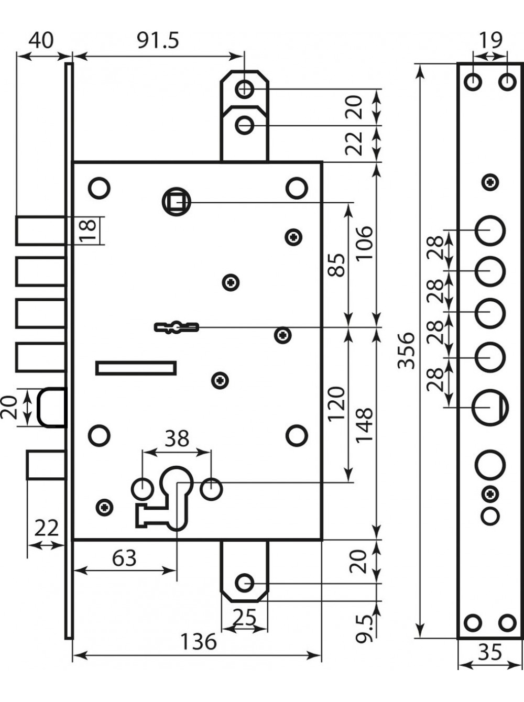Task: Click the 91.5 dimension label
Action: tap(158, 41)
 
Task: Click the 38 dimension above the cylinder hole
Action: tap(177, 439)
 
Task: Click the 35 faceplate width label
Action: tap(490, 652)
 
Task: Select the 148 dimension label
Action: tap(364, 425)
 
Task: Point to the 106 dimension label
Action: tap(364, 244)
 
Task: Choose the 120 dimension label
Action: tap(336, 404)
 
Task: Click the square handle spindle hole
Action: tap(176, 202)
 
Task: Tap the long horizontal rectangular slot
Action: tap(136, 368)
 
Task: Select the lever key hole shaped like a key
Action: tap(177, 327)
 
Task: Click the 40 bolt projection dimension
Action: tap(41, 41)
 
